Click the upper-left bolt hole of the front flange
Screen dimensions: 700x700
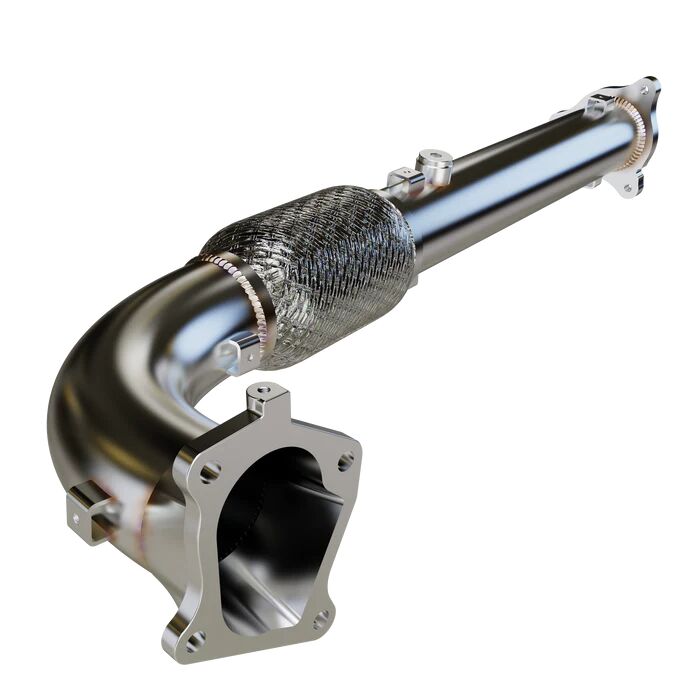pyautogui.click(x=211, y=470)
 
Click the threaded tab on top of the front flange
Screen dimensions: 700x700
pyautogui.click(x=265, y=398)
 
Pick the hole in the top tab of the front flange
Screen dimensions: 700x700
pyautogui.click(x=264, y=390)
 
